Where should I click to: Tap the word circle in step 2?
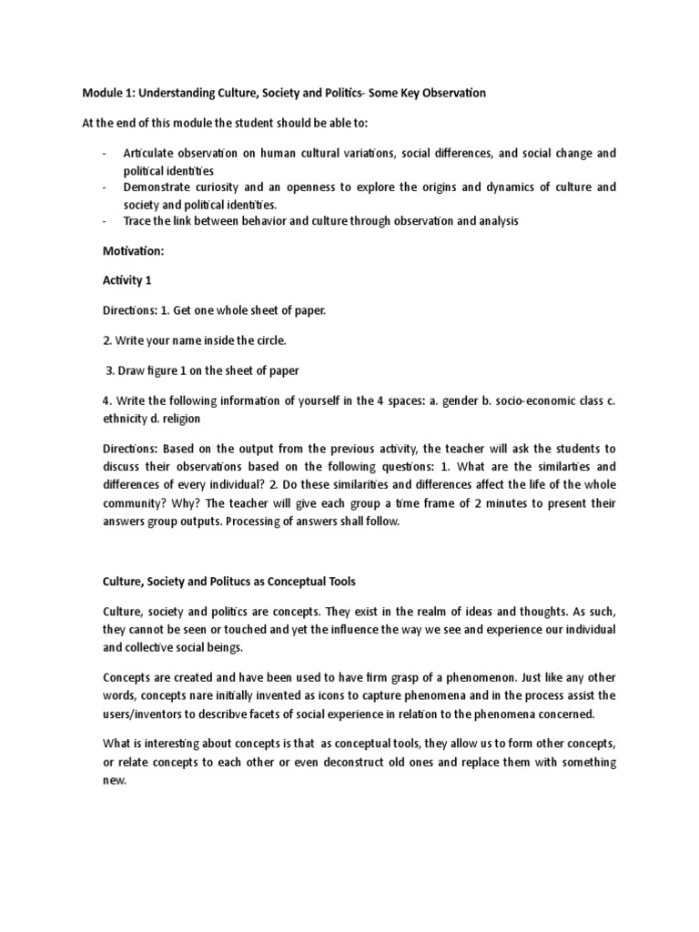pos(267,340)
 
